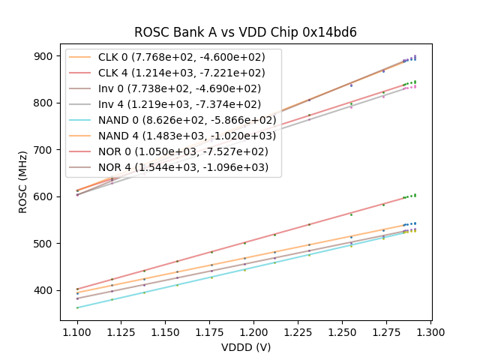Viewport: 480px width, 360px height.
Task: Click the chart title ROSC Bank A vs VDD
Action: tap(245, 32)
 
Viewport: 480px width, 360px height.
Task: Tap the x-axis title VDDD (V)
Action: tap(245, 347)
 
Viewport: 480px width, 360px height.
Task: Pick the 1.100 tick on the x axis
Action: tap(77, 331)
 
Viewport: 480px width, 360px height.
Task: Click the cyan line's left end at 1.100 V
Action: tap(77, 307)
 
